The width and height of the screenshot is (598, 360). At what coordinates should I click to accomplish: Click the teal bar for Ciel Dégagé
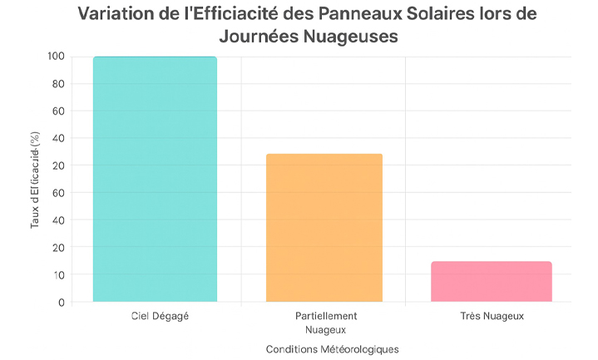155,179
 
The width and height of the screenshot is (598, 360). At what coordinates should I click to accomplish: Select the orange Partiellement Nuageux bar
324,227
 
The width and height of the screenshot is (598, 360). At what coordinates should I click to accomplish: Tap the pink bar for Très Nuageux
492,281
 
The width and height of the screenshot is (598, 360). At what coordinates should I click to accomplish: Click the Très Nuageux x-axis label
492,317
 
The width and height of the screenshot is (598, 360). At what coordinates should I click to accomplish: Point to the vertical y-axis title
36,180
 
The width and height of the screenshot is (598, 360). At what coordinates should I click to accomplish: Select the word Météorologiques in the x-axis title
360,349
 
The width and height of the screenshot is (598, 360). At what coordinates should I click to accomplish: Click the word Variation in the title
118,15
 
